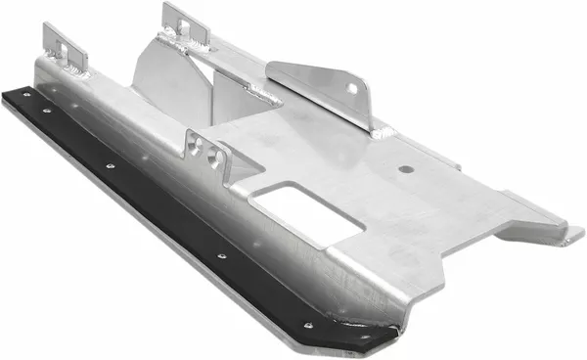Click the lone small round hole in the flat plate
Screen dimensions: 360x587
click(401, 169)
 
